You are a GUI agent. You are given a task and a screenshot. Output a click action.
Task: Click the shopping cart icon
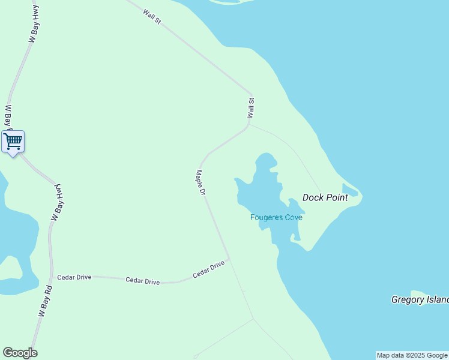pos(13,142)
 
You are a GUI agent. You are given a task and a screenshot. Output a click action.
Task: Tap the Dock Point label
pos(325,197)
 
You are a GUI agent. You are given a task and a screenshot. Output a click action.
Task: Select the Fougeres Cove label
pos(276,217)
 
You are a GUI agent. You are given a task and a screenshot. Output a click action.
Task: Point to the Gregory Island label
pos(420,299)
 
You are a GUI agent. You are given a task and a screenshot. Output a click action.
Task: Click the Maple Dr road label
pos(201,182)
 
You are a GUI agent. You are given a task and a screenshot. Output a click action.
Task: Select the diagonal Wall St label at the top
pos(152,17)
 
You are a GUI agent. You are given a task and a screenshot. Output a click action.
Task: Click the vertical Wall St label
pos(252,108)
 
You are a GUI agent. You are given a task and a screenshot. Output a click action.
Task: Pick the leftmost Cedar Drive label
pos(74,278)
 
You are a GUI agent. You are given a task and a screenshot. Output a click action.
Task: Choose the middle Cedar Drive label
pos(143,281)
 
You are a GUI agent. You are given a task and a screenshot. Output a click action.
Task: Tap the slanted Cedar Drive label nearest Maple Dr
pos(209,269)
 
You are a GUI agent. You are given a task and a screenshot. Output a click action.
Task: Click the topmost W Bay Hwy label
pos(34,28)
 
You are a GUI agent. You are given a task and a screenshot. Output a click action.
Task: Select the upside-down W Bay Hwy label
pos(58,203)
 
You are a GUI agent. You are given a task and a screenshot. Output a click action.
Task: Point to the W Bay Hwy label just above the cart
pos(8,117)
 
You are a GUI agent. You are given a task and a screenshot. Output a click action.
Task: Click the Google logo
pos(20,353)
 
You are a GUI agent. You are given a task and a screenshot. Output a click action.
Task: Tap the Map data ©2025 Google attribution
pos(412,355)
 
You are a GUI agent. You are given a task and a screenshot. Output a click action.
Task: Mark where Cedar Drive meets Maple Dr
pos(229,260)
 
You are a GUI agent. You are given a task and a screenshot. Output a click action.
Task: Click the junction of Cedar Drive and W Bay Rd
pos(50,277)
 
